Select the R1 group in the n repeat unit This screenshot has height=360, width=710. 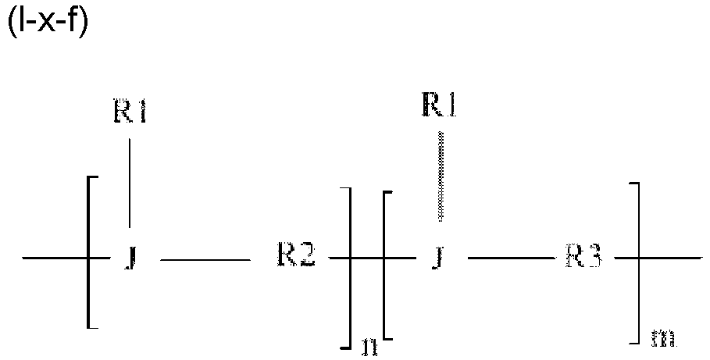[x=128, y=114]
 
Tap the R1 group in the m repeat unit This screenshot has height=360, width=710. [x=439, y=104]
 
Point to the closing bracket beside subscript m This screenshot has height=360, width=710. [x=639, y=262]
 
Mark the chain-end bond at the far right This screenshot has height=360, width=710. [x=672, y=258]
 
